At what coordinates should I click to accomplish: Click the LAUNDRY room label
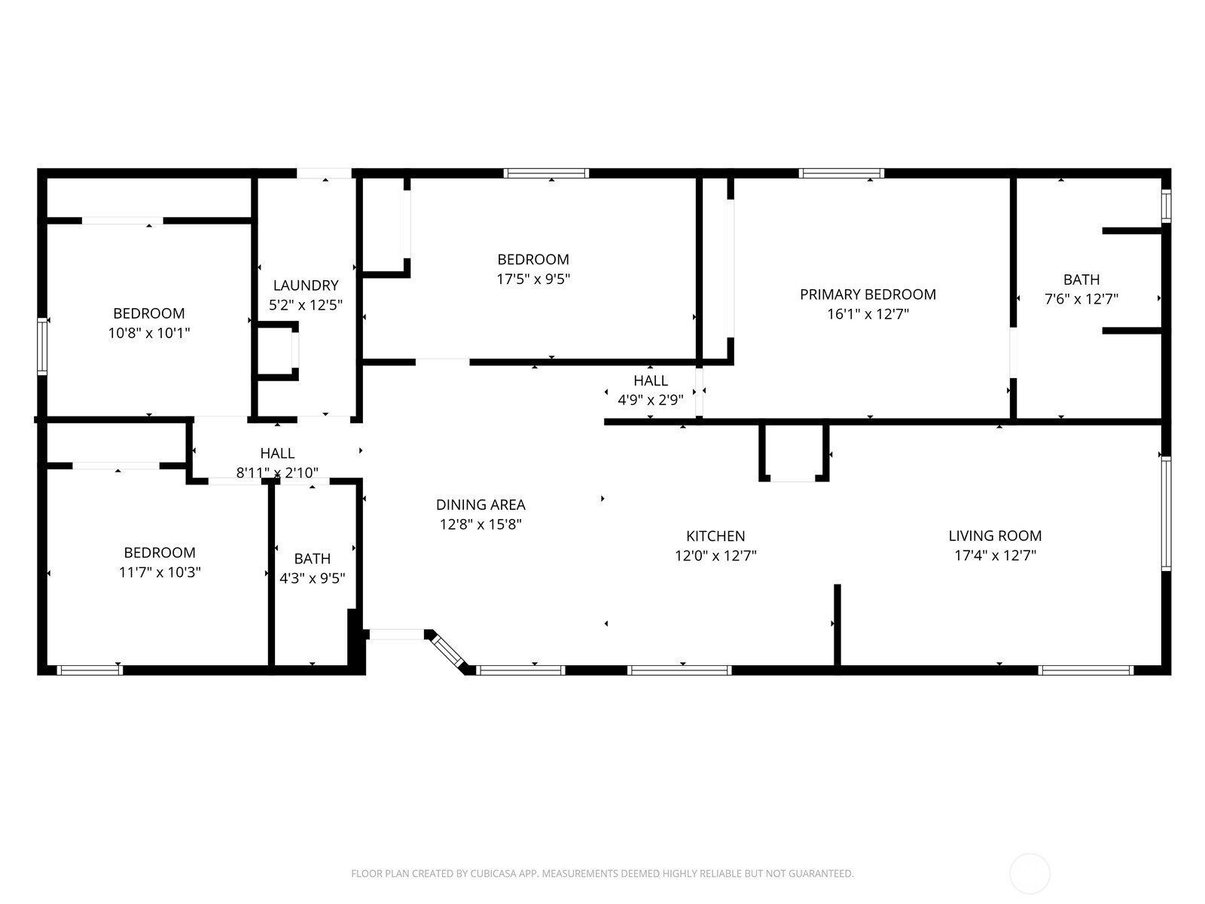[306, 286]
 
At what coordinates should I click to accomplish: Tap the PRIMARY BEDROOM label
[868, 295]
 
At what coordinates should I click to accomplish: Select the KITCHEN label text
[715, 536]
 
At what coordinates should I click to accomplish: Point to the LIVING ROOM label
[995, 536]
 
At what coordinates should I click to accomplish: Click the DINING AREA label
[480, 505]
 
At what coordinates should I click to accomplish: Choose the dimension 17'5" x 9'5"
[533, 279]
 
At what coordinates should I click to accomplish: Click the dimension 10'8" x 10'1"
[149, 333]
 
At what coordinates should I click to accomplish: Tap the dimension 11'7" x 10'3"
[160, 573]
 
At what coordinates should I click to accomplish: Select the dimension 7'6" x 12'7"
[1081, 299]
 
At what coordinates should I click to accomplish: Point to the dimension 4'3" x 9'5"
[313, 579]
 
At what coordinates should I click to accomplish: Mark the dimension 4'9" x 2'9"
[651, 400]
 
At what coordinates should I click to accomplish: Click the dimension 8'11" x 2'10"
[277, 472]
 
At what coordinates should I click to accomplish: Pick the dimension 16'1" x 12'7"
[868, 314]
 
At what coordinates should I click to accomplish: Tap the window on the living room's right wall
[1166, 514]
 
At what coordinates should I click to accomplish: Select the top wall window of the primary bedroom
[841, 173]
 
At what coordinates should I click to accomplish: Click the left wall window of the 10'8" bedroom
[42, 347]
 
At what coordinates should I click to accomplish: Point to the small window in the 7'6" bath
[1166, 206]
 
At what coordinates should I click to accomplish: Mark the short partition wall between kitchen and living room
[837, 626]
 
